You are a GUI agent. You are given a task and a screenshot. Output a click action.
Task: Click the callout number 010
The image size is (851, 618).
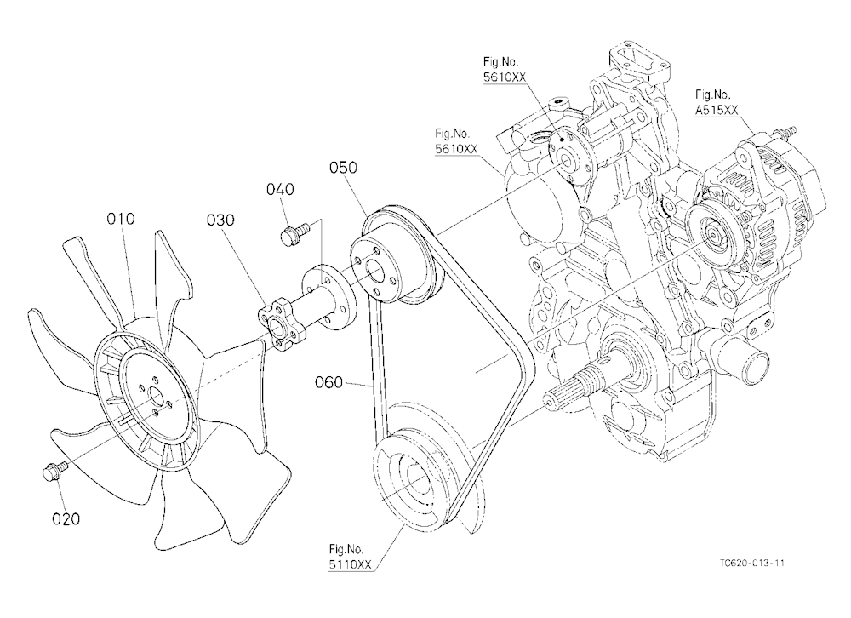tap(121, 219)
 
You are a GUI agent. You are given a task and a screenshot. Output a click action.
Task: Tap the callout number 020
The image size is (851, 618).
tap(66, 519)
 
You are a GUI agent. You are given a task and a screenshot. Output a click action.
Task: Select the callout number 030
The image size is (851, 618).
tap(220, 220)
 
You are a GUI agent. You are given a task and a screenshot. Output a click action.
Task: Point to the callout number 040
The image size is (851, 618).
tap(280, 189)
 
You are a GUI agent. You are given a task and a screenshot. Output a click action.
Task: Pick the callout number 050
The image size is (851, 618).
tap(343, 167)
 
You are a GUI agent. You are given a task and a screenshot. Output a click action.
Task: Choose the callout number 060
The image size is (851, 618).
tap(328, 382)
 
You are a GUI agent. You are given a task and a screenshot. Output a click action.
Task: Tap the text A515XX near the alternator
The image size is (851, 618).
tap(717, 111)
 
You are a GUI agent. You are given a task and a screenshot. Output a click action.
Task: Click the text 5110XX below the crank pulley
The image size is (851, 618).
tap(350, 564)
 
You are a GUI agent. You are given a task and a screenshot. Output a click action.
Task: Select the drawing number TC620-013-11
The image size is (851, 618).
tap(752, 564)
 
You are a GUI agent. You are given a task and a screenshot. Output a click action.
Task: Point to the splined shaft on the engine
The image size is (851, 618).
tap(575, 384)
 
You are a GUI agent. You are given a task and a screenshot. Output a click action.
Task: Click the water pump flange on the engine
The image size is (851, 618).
tap(570, 158)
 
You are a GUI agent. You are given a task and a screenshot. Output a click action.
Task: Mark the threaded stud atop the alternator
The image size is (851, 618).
tap(785, 131)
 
